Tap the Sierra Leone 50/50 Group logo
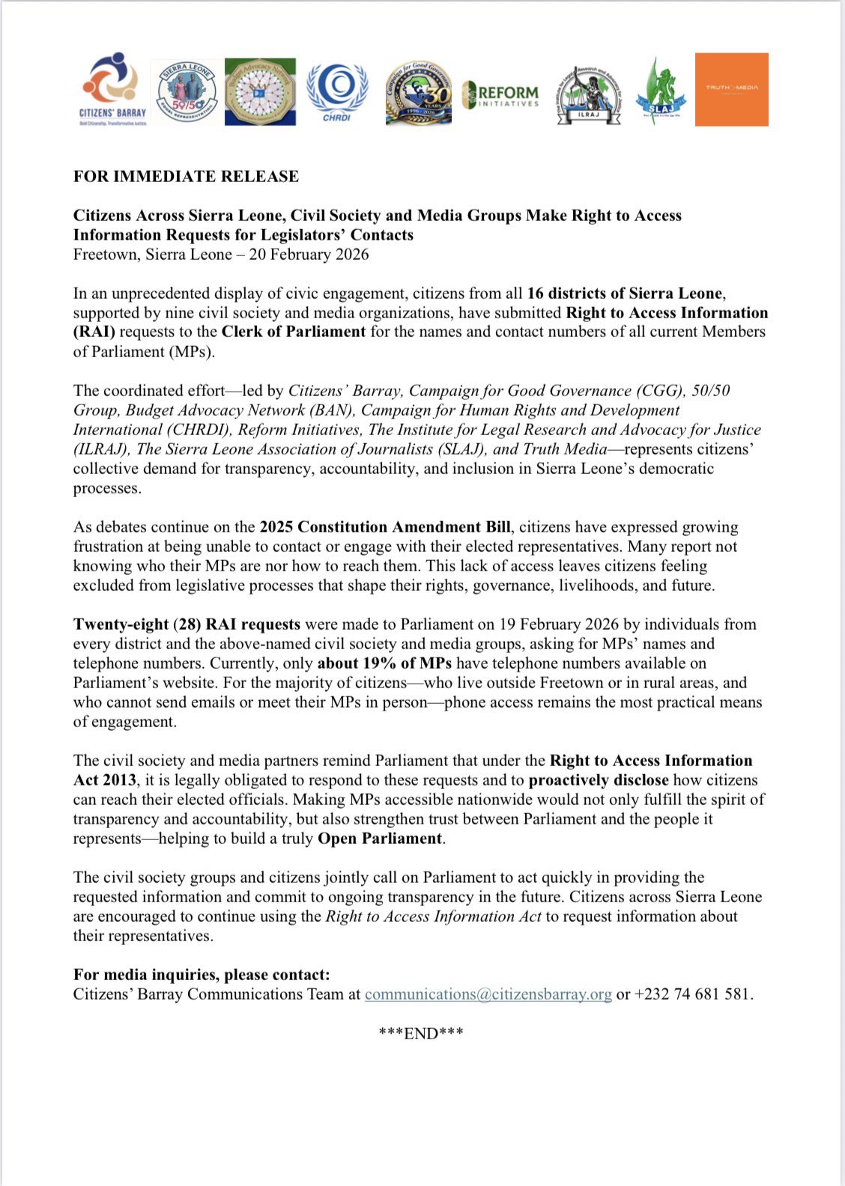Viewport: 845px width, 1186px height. click(x=187, y=92)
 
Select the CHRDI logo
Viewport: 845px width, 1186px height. click(x=336, y=91)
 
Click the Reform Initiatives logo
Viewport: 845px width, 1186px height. click(x=500, y=94)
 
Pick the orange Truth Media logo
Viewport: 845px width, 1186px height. click(x=731, y=89)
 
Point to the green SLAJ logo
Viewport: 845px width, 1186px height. click(x=655, y=91)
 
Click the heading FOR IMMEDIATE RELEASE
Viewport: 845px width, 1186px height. click(x=186, y=176)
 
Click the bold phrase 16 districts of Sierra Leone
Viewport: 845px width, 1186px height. click(x=625, y=294)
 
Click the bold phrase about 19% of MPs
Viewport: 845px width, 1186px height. click(x=385, y=663)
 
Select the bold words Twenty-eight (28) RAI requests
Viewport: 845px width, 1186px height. click(x=187, y=624)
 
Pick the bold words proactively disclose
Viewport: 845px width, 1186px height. click(x=599, y=780)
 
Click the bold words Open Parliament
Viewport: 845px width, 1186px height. click(x=380, y=839)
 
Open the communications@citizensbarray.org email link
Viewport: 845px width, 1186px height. click(x=488, y=994)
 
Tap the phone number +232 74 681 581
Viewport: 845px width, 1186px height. click(x=691, y=994)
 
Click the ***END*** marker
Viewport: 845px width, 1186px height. click(x=421, y=1033)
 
